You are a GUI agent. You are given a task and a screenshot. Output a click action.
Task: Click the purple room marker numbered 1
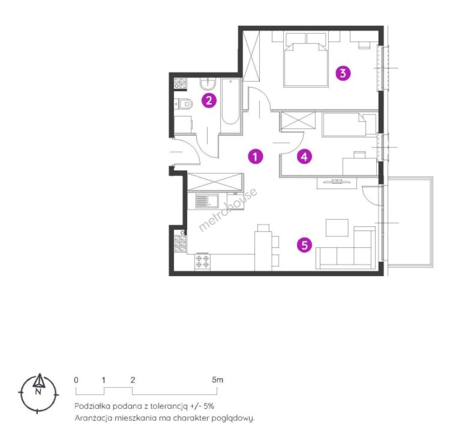click(x=255, y=156)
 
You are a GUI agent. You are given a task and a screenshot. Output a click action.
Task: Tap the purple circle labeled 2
click(x=209, y=100)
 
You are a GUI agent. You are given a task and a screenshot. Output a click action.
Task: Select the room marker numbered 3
click(x=343, y=73)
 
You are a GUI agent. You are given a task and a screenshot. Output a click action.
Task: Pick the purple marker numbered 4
click(x=304, y=156)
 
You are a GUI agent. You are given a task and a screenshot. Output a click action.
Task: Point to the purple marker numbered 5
click(x=304, y=245)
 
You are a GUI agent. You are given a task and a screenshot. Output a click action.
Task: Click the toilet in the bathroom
click(x=184, y=104)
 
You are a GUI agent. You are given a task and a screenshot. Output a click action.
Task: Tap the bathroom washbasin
click(x=208, y=84)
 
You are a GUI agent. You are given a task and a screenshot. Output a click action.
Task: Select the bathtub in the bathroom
click(x=230, y=101)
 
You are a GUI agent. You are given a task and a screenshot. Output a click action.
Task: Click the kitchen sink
click(x=207, y=201)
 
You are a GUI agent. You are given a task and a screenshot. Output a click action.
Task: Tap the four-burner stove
click(x=202, y=261)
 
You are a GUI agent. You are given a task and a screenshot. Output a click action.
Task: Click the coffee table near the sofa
click(x=337, y=228)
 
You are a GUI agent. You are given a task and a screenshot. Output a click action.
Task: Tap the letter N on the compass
click(x=38, y=391)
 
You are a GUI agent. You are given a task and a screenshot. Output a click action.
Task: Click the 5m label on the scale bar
click(x=217, y=380)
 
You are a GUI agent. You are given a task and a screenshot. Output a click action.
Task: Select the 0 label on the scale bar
click(x=76, y=380)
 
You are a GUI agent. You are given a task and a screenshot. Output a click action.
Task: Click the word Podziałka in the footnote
click(x=92, y=406)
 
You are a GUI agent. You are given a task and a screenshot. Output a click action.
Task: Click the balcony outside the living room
click(x=410, y=222)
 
